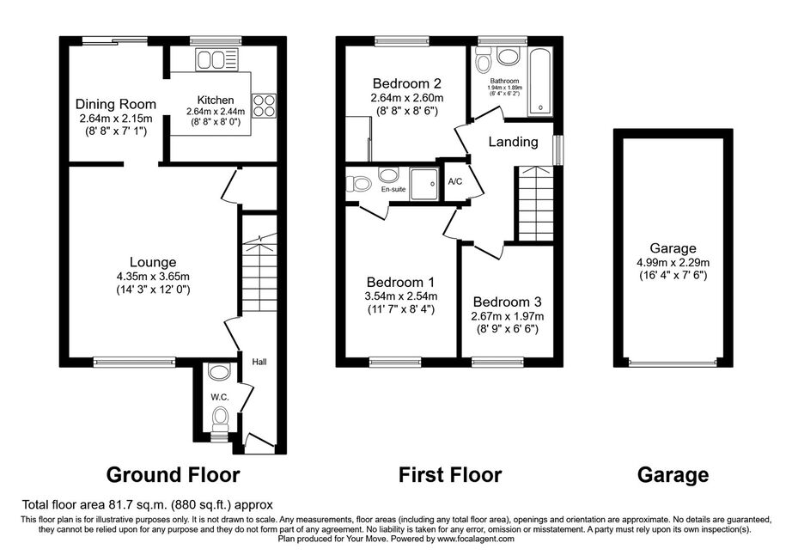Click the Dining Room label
point(116,105)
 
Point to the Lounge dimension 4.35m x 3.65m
point(153,277)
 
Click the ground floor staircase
point(259,273)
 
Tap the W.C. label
point(220,398)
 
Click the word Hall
point(259,362)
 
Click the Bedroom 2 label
point(407,83)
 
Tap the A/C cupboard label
point(455,182)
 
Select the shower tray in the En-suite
point(423,184)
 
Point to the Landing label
point(513,142)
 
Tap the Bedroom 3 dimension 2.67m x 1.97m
point(507,316)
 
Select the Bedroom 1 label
point(400,283)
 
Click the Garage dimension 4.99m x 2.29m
point(673,263)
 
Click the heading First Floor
point(450,475)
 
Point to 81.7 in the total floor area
point(119,504)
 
